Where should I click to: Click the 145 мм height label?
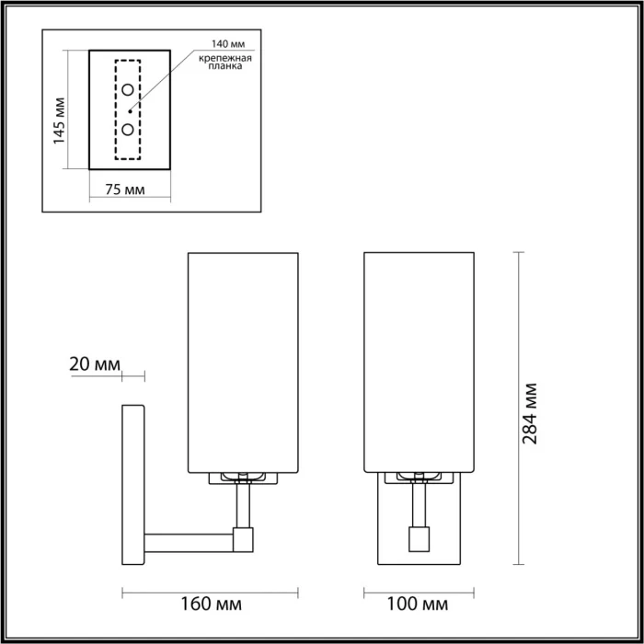point(60,121)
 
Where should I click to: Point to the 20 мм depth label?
point(95,363)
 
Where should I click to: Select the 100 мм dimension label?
point(419,604)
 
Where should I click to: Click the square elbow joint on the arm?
point(244,539)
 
